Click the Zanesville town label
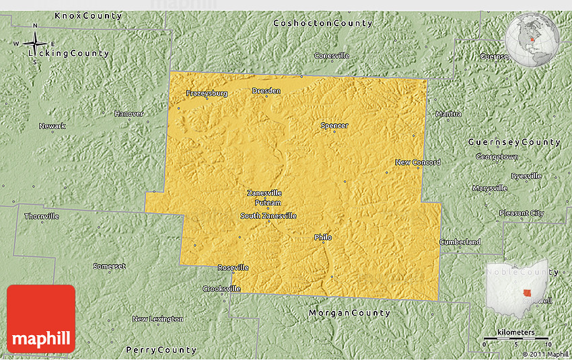coord(264,193)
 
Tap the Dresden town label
coord(266,91)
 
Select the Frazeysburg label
coord(207,94)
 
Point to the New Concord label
coord(417,162)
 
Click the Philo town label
coord(323,238)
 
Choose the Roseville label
coord(233,268)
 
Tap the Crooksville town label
coord(221,289)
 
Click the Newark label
coord(52,127)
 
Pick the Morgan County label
coord(349,313)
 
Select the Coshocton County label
coord(322,24)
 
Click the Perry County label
coord(162,350)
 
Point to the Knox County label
coord(88,15)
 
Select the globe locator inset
coord(532,37)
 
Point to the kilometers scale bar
coord(516,338)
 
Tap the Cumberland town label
coord(460,242)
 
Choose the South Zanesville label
coord(269,216)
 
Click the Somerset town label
coord(109,266)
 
